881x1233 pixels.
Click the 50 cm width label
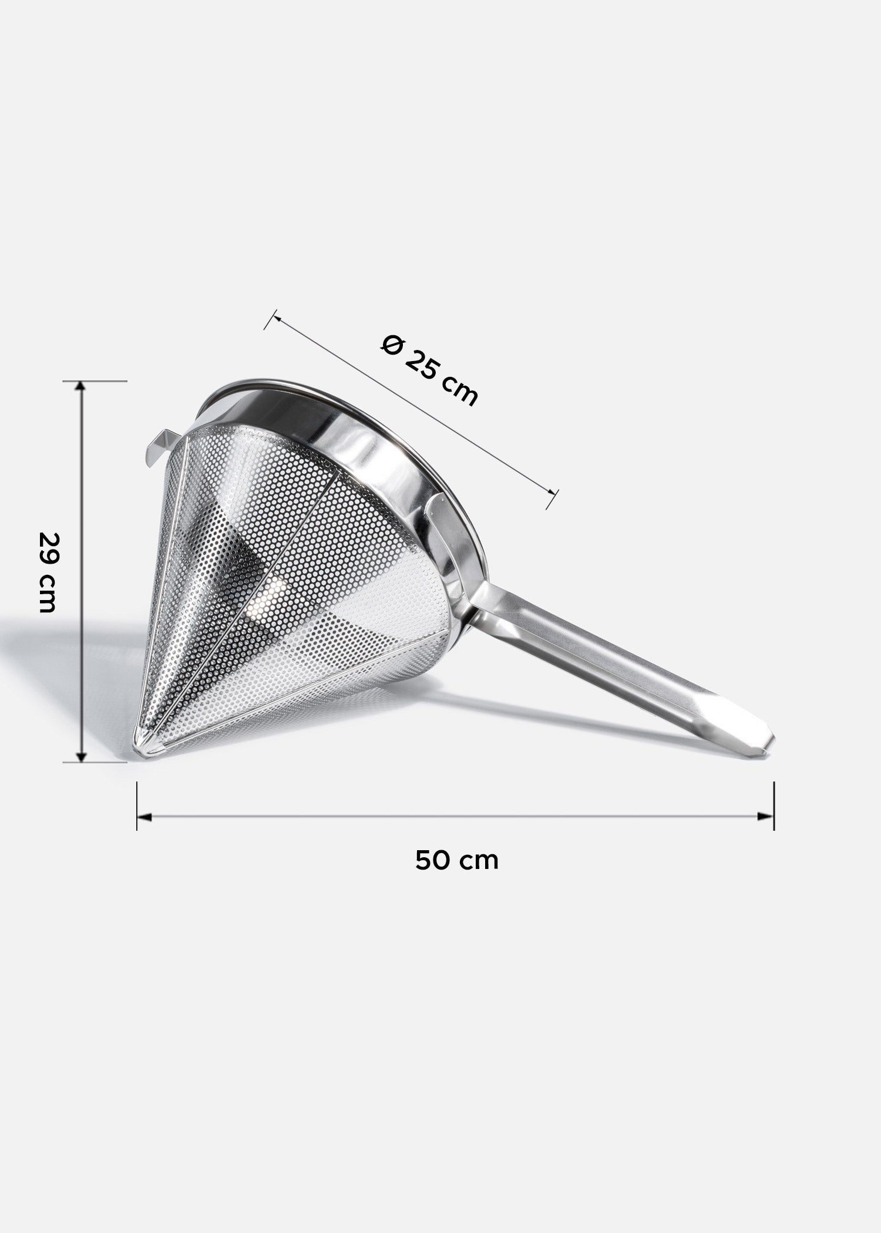click(457, 861)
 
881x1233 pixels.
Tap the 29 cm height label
click(47, 572)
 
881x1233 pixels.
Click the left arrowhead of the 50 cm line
click(144, 817)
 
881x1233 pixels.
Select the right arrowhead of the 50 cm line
click(766, 817)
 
